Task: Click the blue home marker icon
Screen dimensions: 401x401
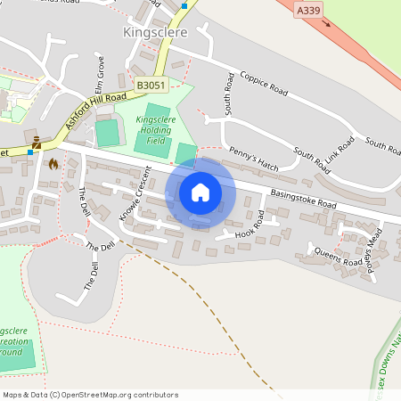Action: pos(200,192)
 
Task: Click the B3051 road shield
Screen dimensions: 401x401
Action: pos(151,85)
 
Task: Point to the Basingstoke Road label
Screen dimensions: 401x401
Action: pos(302,199)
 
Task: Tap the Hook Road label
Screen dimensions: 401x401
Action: pos(250,225)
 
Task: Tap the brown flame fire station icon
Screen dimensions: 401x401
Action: pos(53,164)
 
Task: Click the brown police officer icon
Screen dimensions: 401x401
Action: pos(37,143)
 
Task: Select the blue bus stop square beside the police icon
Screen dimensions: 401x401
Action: pos(30,152)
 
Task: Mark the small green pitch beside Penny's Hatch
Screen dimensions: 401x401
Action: pos(185,154)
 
